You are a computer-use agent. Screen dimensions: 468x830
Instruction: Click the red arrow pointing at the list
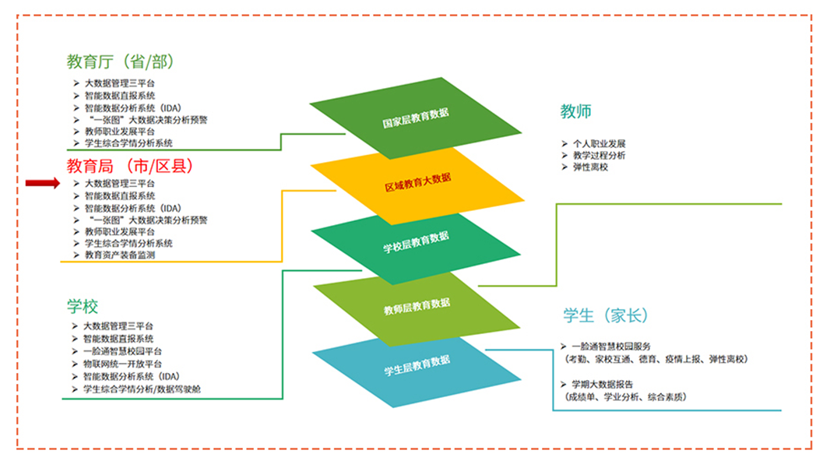pos(42,183)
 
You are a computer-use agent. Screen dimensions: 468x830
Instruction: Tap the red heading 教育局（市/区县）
pos(129,166)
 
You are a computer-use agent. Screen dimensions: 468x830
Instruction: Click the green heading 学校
pos(83,306)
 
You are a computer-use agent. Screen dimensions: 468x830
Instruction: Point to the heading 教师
pos(576,111)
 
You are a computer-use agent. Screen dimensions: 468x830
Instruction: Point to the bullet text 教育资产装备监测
pos(120,255)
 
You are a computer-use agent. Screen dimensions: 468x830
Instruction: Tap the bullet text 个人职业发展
pos(599,144)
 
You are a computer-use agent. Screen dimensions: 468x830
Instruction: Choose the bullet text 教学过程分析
pos(599,156)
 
